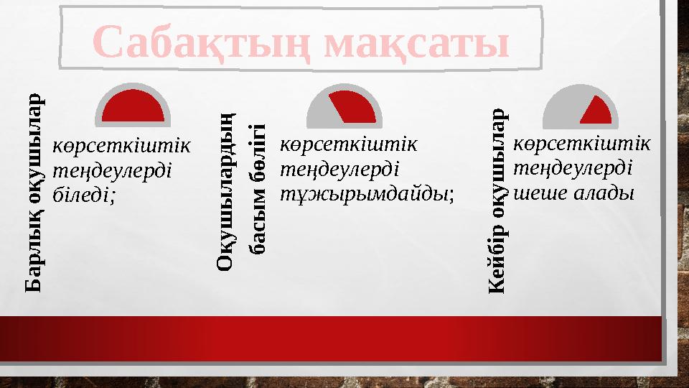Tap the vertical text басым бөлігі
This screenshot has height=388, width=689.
click(258, 189)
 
